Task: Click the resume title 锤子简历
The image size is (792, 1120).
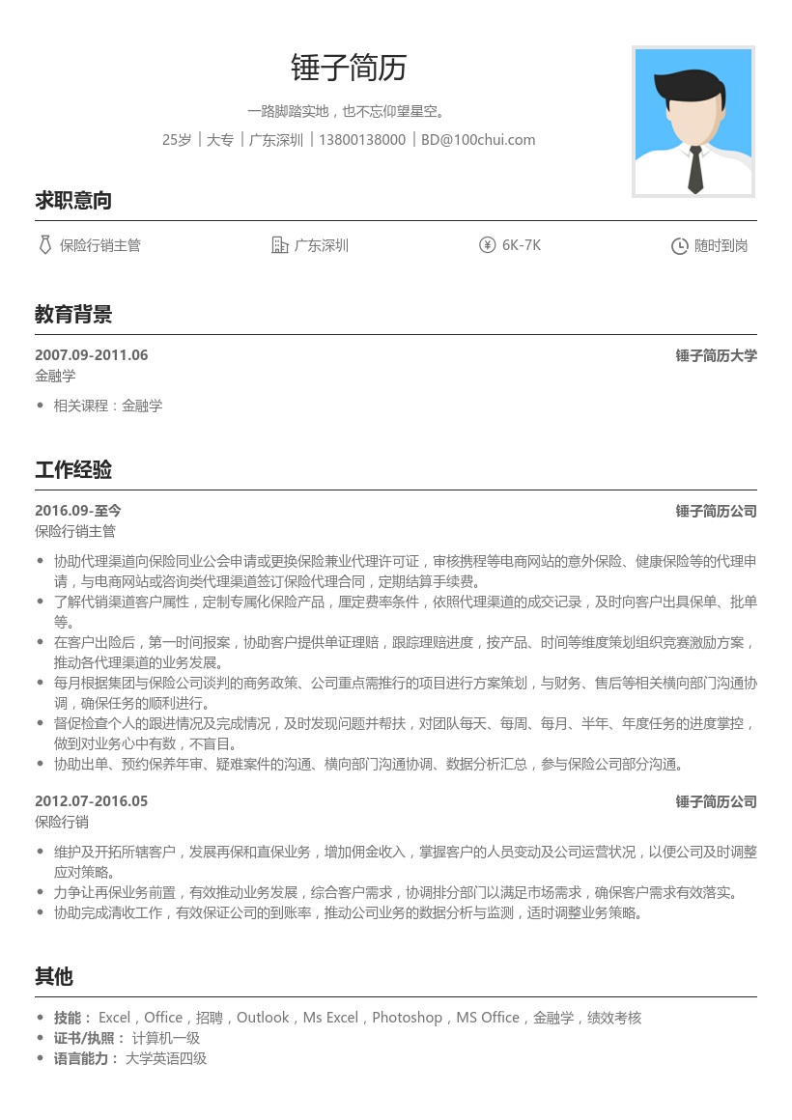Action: (349, 68)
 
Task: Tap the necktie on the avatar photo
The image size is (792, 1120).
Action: (694, 169)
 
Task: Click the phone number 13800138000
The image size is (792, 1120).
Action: (362, 140)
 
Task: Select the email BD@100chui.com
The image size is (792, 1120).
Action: (478, 140)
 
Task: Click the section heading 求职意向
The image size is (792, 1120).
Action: (73, 201)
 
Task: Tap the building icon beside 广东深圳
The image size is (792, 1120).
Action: (280, 245)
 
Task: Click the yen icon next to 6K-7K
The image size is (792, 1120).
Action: (487, 245)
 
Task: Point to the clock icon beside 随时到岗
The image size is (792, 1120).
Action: (679, 246)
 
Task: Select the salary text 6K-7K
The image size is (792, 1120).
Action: (522, 245)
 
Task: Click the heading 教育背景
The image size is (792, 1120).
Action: (73, 314)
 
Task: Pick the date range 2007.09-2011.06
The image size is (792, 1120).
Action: (92, 355)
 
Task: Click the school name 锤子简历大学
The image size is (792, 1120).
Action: (716, 355)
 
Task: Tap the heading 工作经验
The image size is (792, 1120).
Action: (73, 470)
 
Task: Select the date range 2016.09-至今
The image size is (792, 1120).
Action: (78, 511)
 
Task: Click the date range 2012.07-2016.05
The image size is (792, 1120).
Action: (92, 801)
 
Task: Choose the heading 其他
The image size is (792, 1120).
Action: (54, 977)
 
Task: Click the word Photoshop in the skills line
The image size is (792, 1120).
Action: (407, 1018)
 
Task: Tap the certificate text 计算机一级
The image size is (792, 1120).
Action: (166, 1038)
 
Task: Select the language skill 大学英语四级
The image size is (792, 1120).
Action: (166, 1059)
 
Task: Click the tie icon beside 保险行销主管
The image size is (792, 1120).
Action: (44, 245)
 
